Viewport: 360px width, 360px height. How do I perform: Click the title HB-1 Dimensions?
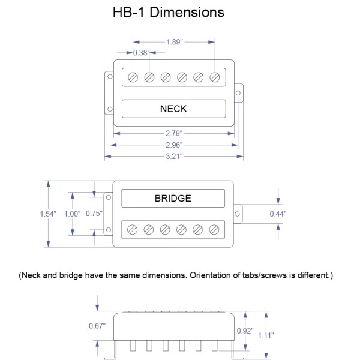pyautogui.click(x=169, y=12)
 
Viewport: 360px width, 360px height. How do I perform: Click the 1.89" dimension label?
pyautogui.click(x=175, y=42)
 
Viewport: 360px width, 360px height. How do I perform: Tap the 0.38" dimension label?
pyautogui.click(x=140, y=53)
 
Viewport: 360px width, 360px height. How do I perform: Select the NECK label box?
pyautogui.click(x=173, y=109)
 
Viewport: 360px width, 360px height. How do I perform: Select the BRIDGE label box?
pyautogui.click(x=173, y=198)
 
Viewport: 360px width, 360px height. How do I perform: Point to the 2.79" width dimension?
pyautogui.click(x=174, y=133)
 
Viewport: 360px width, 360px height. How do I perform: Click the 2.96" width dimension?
pyautogui.click(x=174, y=145)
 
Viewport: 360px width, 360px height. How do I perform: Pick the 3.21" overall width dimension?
pyautogui.click(x=174, y=156)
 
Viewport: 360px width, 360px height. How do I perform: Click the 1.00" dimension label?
pyautogui.click(x=72, y=214)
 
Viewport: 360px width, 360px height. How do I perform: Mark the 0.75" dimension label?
pyautogui.click(x=94, y=214)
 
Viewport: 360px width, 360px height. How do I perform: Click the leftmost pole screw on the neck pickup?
pyautogui.click(x=133, y=77)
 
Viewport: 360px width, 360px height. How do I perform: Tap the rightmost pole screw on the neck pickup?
pyautogui.click(x=215, y=77)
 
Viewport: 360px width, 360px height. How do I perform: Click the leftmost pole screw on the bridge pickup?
pyautogui.click(x=133, y=229)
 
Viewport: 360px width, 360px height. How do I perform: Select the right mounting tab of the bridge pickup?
pyautogui.click(x=238, y=214)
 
